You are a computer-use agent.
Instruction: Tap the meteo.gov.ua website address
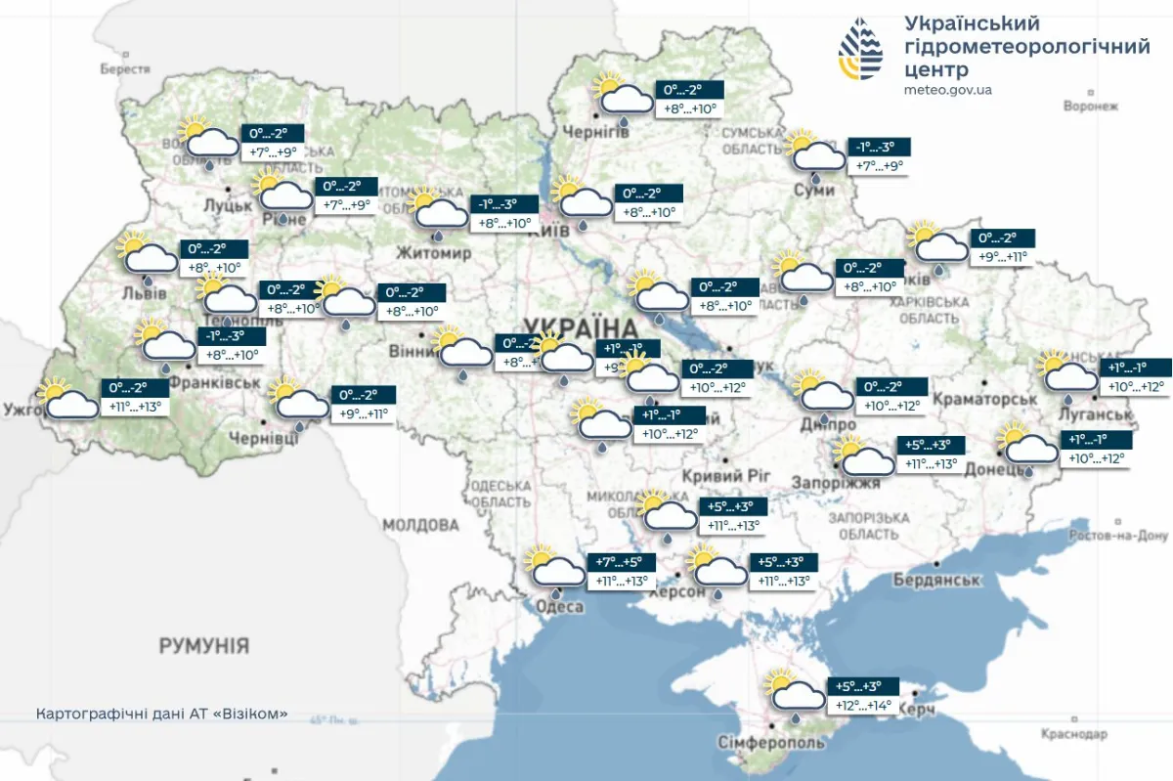tap(947, 90)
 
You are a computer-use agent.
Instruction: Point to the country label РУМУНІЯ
tap(204, 646)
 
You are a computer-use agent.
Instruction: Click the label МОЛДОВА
tap(420, 525)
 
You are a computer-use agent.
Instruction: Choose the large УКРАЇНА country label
tap(580, 326)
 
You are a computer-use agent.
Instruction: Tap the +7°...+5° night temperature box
tap(619, 563)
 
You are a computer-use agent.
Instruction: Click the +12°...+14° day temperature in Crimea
tap(861, 705)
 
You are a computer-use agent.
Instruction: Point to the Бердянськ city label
tap(936, 581)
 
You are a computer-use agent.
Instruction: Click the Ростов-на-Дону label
tap(1118, 536)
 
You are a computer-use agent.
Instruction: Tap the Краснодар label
tap(1074, 733)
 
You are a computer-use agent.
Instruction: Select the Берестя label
tap(125, 69)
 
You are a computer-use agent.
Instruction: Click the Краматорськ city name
tap(984, 400)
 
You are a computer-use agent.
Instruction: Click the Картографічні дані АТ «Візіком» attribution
tap(162, 715)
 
